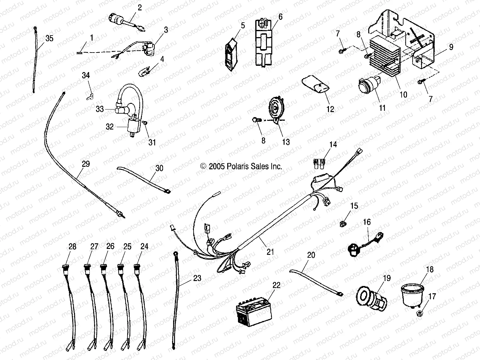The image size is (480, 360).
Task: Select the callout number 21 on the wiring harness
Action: (x=270, y=252)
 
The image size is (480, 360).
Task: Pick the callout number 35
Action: (x=49, y=39)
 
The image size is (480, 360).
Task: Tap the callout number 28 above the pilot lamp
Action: (x=72, y=246)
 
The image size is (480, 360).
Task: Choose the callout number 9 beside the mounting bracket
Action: (x=451, y=48)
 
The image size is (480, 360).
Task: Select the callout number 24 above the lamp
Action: (x=144, y=246)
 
